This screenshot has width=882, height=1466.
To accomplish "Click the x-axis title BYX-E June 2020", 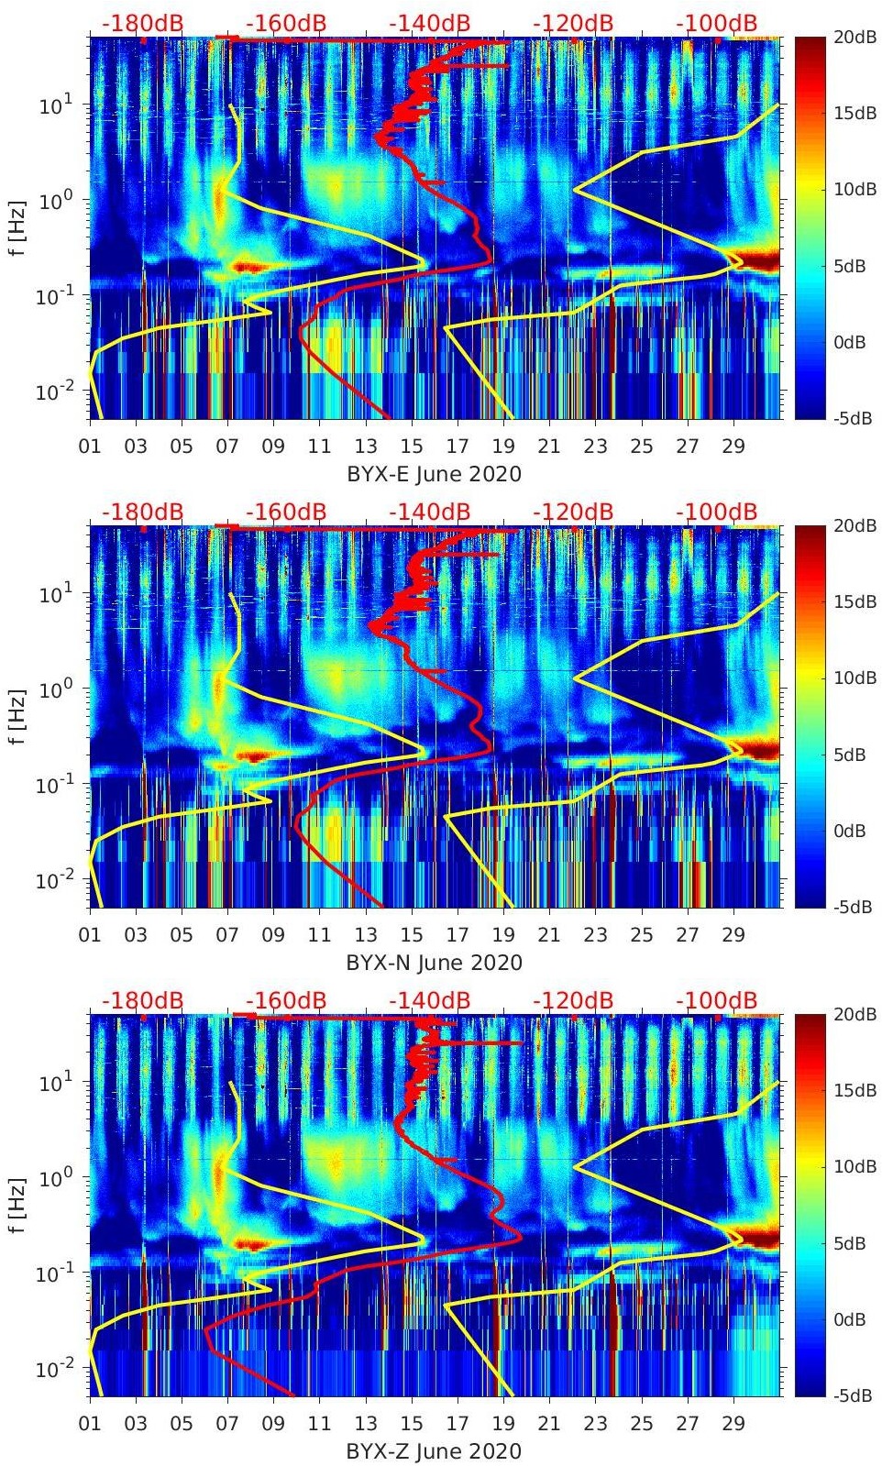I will click(x=434, y=474).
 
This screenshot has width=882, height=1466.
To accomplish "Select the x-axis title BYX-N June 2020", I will click(x=434, y=963).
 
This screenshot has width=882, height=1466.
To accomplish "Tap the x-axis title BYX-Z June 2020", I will click(x=434, y=1451).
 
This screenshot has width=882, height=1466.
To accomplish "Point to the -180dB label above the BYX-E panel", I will click(x=142, y=23).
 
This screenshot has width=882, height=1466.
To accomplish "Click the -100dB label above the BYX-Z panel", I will click(x=717, y=1000).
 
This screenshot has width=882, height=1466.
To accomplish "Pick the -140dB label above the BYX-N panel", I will click(x=429, y=512).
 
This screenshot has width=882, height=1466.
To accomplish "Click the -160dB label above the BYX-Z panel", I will click(x=286, y=1000).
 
